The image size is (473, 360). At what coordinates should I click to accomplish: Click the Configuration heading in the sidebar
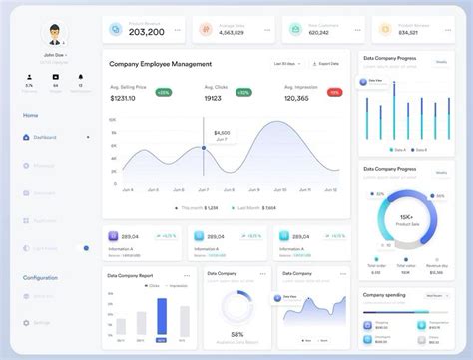[40, 277]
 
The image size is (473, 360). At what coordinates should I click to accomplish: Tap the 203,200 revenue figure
[147, 32]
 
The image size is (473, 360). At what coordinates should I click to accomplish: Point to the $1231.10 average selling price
[122, 99]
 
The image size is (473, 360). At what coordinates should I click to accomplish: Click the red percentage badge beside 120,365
[334, 92]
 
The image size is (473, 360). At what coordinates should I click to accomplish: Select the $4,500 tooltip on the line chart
[222, 133]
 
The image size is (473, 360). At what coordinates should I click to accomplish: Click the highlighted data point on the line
[205, 149]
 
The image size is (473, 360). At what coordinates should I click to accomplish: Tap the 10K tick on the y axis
[112, 119]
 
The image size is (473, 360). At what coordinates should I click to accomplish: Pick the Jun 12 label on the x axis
[330, 189]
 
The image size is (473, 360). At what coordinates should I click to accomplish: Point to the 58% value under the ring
[237, 334]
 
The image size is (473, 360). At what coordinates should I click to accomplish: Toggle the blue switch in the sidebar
[87, 247]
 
